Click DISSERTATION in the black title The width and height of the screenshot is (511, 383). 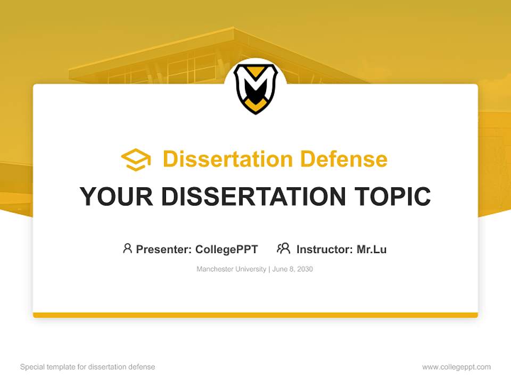251,196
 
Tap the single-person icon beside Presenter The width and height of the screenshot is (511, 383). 127,248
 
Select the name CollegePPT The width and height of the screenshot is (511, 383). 227,249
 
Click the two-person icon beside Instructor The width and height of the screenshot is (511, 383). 284,248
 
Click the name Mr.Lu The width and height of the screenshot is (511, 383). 372,249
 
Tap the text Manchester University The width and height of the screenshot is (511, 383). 231,269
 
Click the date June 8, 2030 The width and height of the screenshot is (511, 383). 292,269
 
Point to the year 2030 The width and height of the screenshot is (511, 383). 305,269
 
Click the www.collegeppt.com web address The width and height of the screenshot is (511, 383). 456,367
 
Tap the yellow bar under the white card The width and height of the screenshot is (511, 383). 256,315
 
